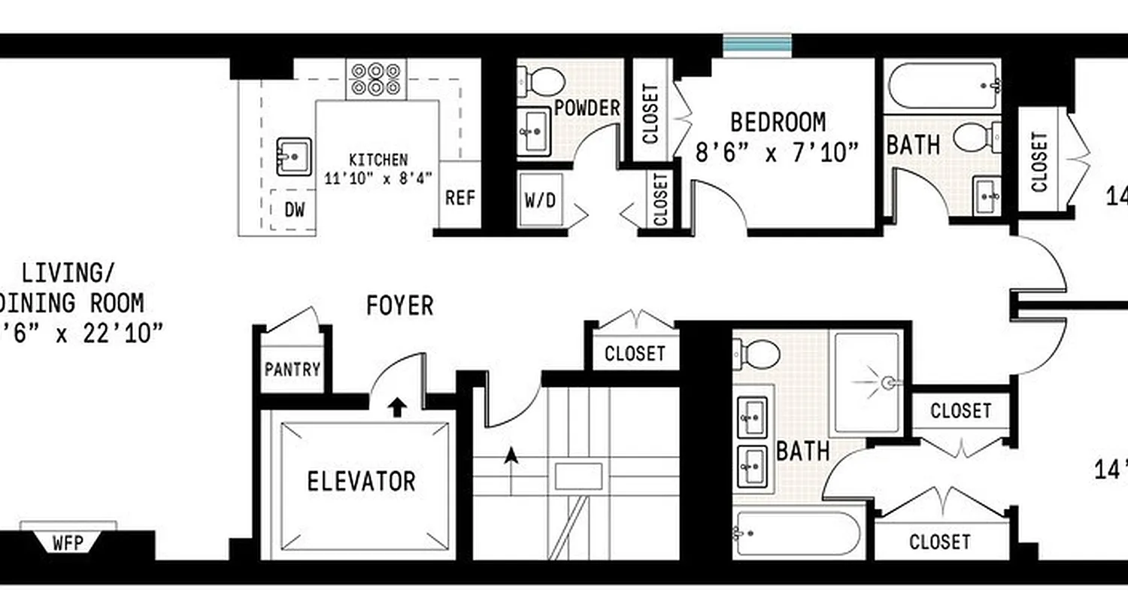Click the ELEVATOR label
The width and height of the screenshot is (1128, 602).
[361, 481]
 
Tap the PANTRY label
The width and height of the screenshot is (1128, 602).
[293, 369]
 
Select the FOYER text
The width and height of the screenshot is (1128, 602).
[399, 306]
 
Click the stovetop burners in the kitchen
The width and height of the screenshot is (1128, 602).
[376, 78]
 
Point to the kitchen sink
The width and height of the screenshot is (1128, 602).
[293, 157]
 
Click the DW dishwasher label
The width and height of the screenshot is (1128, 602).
[294, 210]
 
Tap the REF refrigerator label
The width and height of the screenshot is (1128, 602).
[459, 198]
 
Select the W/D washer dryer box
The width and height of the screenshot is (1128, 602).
[541, 200]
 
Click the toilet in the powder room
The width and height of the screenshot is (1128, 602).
[542, 81]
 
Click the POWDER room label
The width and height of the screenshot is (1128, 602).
[587, 108]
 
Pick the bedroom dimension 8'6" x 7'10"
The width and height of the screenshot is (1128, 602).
[778, 153]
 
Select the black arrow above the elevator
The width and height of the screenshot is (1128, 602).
[397, 407]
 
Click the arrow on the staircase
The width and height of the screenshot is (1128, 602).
[511, 456]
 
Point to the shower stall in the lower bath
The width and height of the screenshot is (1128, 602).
[867, 382]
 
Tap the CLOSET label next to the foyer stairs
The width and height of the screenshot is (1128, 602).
[635, 353]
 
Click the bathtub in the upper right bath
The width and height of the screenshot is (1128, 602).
[945, 86]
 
